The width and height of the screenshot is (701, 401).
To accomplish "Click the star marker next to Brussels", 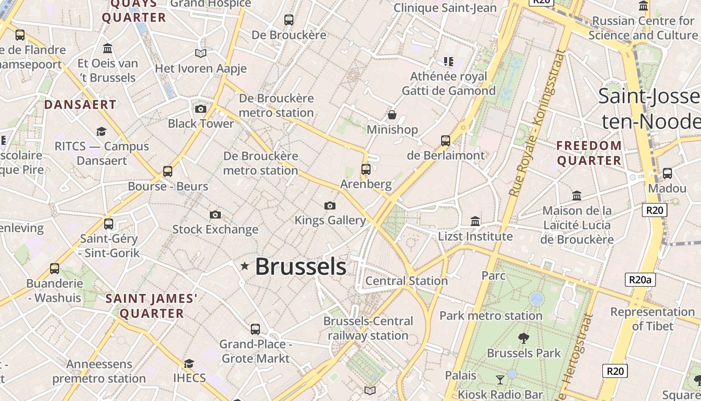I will tap(245, 266).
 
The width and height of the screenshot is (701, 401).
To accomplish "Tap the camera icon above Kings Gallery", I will tap(329, 206).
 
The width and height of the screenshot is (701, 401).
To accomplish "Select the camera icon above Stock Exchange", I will tap(215, 215).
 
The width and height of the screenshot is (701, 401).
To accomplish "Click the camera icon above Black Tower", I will tap(201, 109).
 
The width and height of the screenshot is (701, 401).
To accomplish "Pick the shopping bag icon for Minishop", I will tap(392, 115).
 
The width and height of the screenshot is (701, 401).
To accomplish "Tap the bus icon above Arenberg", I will tap(366, 169).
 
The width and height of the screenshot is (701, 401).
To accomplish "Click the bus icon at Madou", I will tap(667, 173).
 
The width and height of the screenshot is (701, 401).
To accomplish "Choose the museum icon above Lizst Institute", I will tap(475, 221).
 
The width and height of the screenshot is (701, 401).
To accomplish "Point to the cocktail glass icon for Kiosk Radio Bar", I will tap(500, 379).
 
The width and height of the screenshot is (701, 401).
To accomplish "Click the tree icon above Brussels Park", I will tap(524, 338).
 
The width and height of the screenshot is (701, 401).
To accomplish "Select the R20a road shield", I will tap(640, 280).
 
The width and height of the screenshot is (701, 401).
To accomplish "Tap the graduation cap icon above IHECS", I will tap(189, 363).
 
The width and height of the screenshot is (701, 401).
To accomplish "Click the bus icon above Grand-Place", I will tap(255, 329).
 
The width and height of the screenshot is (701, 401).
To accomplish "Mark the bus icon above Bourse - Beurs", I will tap(168, 171).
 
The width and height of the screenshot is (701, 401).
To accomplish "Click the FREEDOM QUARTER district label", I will tap(589, 153).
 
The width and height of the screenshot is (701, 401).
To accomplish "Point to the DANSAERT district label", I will tap(80, 105).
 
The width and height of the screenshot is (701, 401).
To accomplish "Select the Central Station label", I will tap(407, 281).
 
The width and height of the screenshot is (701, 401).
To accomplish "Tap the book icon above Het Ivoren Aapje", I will tap(201, 53).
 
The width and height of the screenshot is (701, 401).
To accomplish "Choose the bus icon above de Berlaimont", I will tap(446, 140).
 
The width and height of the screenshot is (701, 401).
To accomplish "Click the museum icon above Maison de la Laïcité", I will tap(577, 195).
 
